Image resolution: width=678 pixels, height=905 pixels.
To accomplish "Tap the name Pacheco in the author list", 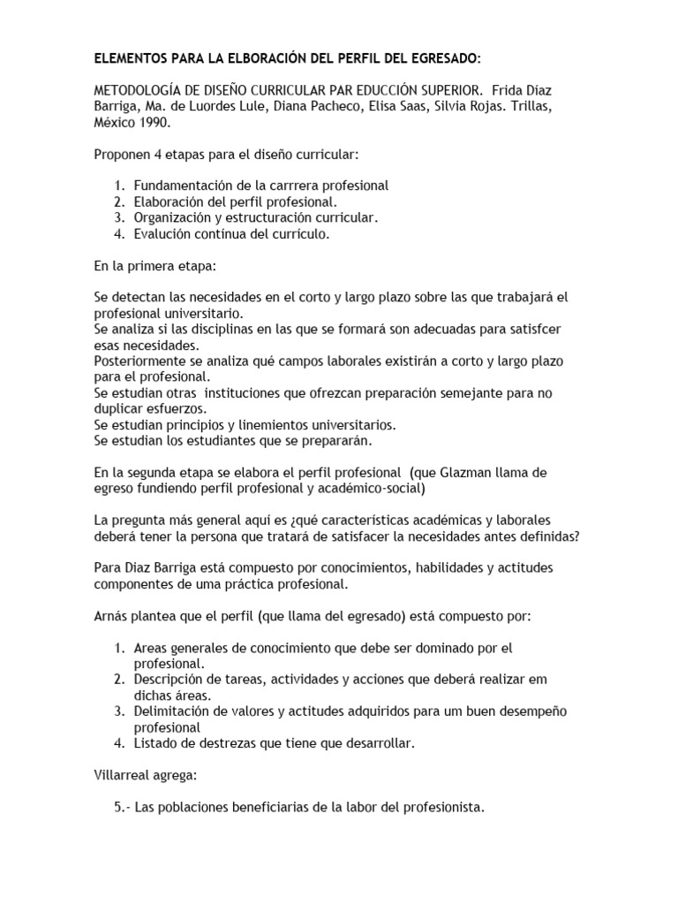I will tap(334, 108).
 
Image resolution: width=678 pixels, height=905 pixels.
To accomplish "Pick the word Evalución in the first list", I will tap(163, 234).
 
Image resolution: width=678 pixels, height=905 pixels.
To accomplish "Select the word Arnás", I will tap(114, 615).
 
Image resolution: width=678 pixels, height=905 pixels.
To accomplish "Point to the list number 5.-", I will tap(125, 807).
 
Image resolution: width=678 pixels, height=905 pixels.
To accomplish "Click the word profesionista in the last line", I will tap(443, 807).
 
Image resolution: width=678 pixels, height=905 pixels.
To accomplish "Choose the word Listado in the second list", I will tap(155, 743).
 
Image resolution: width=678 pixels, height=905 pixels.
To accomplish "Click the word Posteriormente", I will tap(141, 362).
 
